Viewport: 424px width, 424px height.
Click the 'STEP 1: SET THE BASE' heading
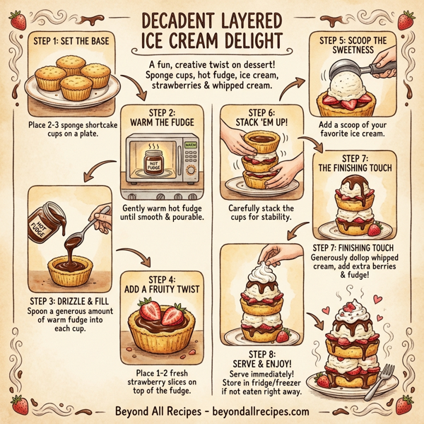pyautogui.click(x=70, y=42)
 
